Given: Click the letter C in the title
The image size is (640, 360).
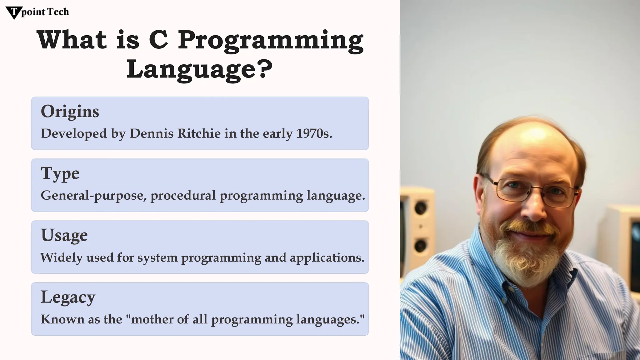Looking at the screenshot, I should tap(158, 40).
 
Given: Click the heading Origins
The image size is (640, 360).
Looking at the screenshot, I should tap(70, 112).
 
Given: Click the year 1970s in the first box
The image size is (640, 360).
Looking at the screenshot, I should tap(314, 133).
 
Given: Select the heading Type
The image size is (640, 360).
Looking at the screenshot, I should tap(60, 174).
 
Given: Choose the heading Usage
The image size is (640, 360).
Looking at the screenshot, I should tap(64, 235).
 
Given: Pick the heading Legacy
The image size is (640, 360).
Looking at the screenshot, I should tap(68, 297).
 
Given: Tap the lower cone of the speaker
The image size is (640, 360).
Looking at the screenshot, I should tap(420, 245).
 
